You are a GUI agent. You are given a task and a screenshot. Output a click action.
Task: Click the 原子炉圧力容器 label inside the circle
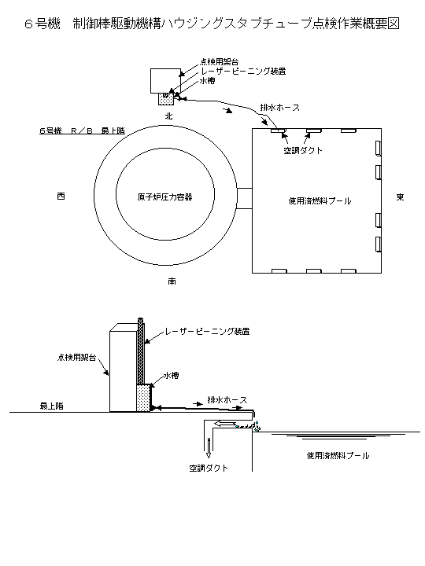(164, 197)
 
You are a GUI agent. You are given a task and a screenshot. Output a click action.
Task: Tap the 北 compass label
(168, 116)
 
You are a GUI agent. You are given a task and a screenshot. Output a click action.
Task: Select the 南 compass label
(172, 281)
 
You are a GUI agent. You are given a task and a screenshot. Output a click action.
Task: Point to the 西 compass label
(61, 197)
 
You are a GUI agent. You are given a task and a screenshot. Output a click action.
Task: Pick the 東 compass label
(400, 197)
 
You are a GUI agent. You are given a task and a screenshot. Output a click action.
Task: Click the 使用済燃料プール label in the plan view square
(320, 201)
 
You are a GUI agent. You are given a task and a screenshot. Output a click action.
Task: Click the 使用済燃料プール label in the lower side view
(338, 455)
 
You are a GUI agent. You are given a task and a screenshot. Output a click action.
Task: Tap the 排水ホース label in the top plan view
(279, 108)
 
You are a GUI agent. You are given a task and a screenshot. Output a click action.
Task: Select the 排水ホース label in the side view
(227, 400)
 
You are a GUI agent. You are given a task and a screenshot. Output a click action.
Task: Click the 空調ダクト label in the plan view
(303, 150)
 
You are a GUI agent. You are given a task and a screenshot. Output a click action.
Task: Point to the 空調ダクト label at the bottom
(209, 469)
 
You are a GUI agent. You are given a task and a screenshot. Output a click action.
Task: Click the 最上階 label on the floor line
(52, 406)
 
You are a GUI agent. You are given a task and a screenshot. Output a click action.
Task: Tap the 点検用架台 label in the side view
(76, 358)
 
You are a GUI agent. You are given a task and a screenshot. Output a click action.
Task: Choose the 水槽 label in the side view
(172, 376)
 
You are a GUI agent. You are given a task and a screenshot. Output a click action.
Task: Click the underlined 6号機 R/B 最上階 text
(82, 130)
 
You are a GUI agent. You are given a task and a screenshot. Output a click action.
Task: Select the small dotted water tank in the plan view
(166, 98)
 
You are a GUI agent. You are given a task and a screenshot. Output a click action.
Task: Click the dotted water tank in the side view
(143, 398)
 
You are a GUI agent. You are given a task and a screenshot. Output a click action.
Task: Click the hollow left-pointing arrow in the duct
(225, 424)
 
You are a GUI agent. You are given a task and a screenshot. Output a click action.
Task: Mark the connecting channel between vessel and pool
(244, 198)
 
